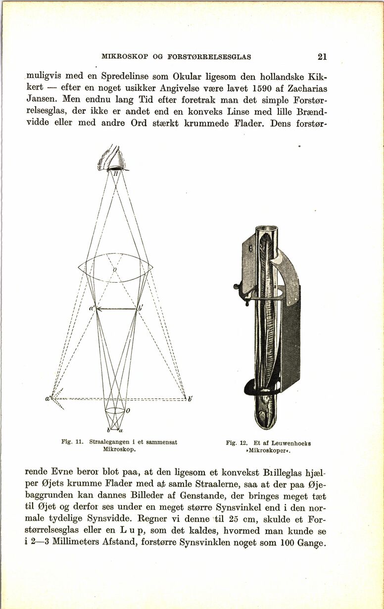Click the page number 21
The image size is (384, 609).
[322, 57]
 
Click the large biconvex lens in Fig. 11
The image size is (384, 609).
[115, 267]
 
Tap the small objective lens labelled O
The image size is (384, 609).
[115, 410]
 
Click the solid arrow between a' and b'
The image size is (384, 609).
[116, 309]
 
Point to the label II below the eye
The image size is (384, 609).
[115, 174]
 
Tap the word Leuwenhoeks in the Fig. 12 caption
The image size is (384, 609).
[287, 443]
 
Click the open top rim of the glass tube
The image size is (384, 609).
[267, 229]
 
